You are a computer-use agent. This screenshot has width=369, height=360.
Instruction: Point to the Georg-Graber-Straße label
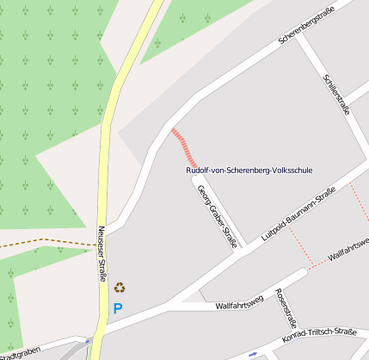217,216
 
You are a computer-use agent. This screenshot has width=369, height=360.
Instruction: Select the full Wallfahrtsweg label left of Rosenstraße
239,305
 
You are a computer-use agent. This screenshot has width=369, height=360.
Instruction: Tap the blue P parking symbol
118,307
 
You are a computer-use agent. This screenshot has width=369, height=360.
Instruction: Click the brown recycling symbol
120,287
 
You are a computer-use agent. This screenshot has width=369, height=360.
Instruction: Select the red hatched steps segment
185,147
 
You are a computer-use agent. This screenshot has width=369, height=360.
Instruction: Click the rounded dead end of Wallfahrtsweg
302,273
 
